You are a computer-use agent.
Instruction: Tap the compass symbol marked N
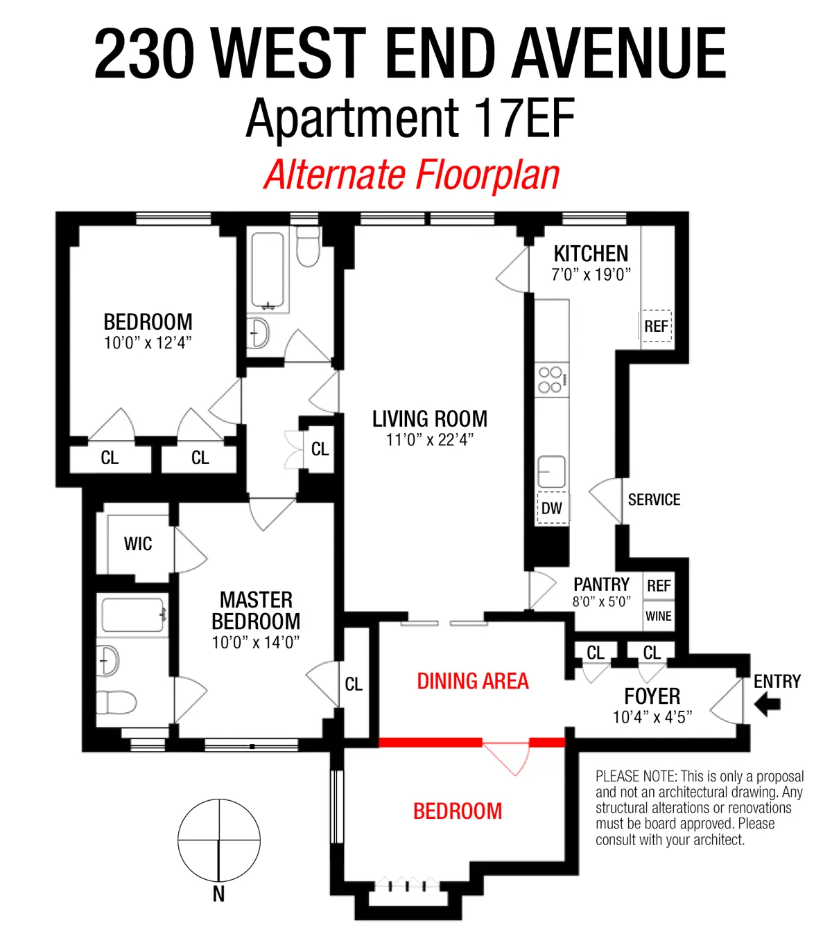[x=219, y=841]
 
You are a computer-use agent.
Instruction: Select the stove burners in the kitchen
[x=551, y=380]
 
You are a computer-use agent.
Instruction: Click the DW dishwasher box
[x=552, y=508]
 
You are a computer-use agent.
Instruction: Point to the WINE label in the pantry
[x=658, y=617]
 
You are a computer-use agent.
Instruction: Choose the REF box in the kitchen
[x=656, y=326]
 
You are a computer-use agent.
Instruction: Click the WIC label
[x=138, y=544]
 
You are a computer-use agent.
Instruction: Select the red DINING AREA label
[x=473, y=682]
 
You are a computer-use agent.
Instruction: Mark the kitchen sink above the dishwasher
[x=552, y=472]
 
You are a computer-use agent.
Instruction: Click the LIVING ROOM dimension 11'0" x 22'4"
[x=430, y=440]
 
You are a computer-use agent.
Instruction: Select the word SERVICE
[x=654, y=500]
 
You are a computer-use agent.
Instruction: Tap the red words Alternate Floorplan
[x=412, y=175]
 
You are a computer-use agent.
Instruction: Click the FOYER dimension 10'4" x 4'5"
[x=652, y=718]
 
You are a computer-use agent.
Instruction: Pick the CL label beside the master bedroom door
[x=354, y=684]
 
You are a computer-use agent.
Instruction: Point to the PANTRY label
[x=601, y=584]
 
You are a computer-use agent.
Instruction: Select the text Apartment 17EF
[x=410, y=118]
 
